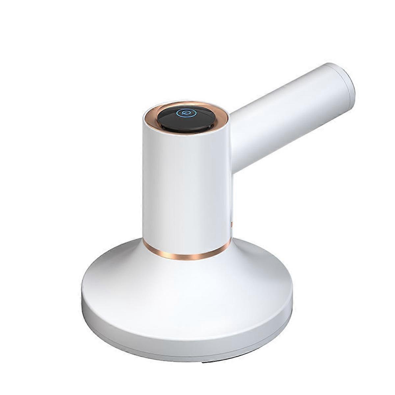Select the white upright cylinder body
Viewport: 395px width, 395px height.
pyautogui.click(x=184, y=191)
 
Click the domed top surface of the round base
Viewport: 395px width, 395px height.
pyautogui.click(x=184, y=286)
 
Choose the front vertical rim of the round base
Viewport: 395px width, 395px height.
pyautogui.click(x=184, y=339)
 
